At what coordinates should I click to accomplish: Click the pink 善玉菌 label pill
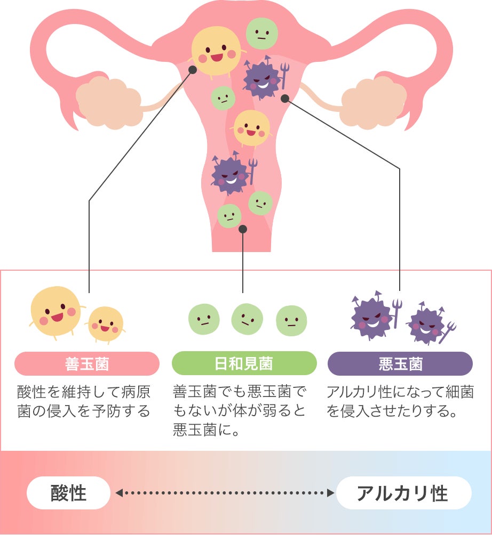(x=86, y=364)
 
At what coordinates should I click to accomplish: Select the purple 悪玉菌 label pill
(x=400, y=364)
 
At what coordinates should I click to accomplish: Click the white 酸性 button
(x=68, y=493)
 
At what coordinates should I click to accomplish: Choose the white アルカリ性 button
(x=402, y=493)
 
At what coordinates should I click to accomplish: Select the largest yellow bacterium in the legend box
(x=55, y=311)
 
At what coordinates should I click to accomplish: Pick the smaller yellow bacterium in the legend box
(x=106, y=323)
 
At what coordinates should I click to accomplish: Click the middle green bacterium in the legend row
(x=247, y=319)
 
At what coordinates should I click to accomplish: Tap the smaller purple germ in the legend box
(x=426, y=326)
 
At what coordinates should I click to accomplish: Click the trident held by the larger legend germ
(x=396, y=311)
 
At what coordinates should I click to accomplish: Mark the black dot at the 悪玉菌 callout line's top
(x=285, y=98)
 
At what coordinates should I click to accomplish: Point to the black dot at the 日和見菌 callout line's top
(x=243, y=229)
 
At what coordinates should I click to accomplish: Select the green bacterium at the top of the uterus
(x=261, y=33)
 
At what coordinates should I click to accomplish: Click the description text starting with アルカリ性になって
(x=400, y=402)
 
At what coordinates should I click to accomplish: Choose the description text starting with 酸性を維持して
(x=84, y=402)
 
